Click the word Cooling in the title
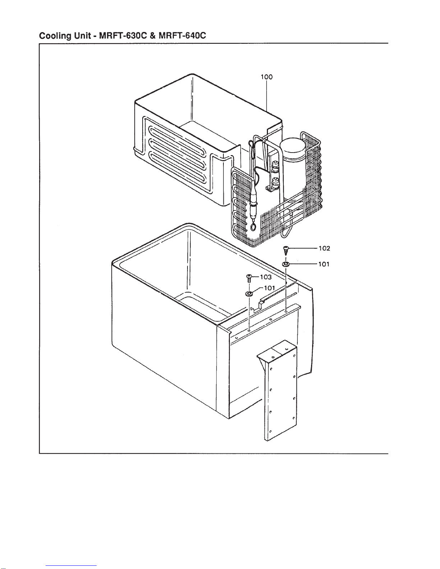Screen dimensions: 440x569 [55, 36]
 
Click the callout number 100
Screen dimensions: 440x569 [267, 77]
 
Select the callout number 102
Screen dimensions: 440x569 [324, 248]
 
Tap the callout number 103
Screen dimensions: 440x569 [266, 277]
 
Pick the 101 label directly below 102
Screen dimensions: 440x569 [324, 264]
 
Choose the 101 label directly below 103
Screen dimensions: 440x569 [269, 288]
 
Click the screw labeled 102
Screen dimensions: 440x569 [286, 250]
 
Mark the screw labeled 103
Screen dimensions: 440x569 [249, 278]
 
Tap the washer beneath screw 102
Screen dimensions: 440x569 [286, 264]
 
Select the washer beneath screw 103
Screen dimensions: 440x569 [249, 294]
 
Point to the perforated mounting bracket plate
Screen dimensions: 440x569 [279, 390]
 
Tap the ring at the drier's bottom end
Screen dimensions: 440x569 [253, 227]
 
